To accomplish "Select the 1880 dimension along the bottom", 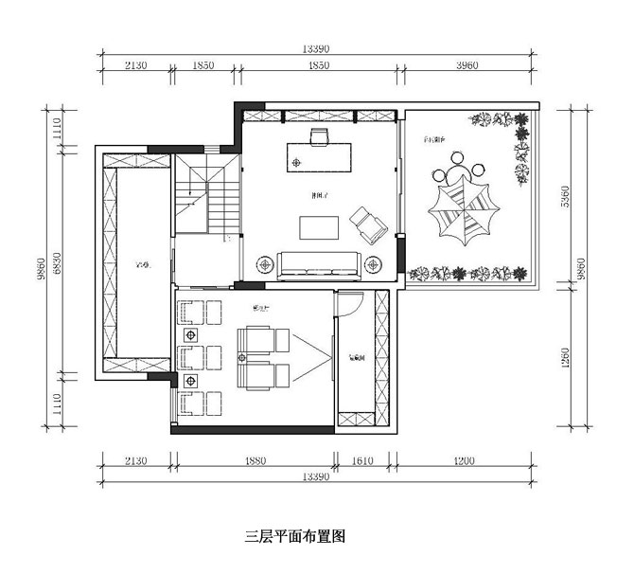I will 254,461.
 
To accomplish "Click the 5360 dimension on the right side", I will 578,197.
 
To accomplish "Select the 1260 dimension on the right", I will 565,358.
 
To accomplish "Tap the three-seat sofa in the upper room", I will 318,264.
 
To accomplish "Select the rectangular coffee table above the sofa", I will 319,227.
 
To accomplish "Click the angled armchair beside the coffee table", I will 367,224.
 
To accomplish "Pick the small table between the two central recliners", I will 243,357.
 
